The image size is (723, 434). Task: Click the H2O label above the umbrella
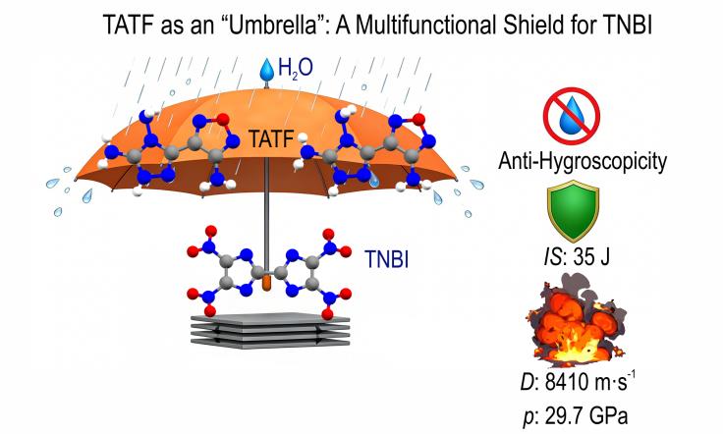296,69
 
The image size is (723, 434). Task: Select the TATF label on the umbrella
271,138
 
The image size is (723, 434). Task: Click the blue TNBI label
386,259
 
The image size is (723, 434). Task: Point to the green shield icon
573,210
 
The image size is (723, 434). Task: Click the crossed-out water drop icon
572,116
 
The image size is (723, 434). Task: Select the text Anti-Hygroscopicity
583,161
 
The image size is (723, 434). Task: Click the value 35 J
591,256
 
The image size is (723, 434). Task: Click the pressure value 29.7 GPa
586,416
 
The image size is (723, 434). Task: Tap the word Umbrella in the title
271,26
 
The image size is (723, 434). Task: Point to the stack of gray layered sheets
270,330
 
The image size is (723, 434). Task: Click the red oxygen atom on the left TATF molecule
223,120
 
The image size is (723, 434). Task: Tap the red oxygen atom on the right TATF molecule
418,120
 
